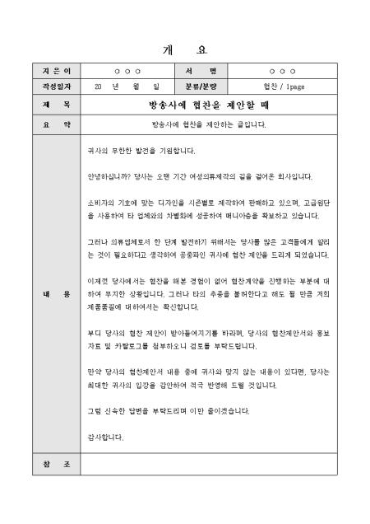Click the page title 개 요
pos(186,49)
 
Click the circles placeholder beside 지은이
pos(127,72)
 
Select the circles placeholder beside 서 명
pos(283,72)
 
